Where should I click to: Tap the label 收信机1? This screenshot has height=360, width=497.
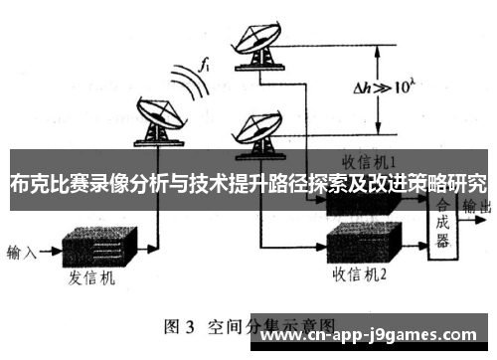tap(371, 160)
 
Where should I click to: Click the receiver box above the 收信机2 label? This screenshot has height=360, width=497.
tap(365, 239)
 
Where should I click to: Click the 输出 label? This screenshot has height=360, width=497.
tap(479, 207)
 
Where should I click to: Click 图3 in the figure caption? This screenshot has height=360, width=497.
tap(183, 326)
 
